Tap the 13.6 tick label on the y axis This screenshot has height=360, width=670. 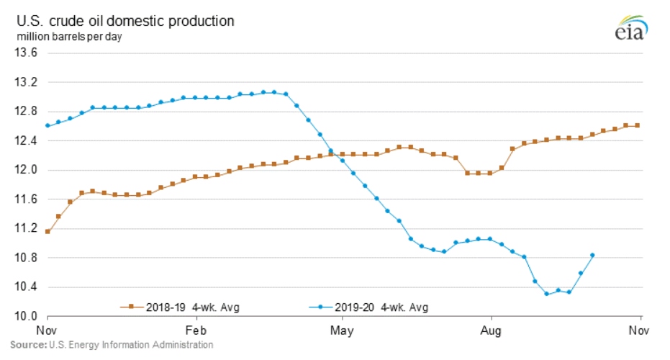coord(27,53)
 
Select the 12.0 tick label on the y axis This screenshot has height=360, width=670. coord(27,170)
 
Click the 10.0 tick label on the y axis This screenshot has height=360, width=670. coord(27,316)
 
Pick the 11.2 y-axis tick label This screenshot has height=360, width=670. coord(27,228)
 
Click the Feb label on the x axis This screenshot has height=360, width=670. coord(196,331)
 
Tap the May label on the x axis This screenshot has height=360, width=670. coord(341,331)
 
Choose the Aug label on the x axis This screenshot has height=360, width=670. coord(491,331)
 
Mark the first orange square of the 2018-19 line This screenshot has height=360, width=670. coord(47,231)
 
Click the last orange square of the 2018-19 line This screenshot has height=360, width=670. coord(638,125)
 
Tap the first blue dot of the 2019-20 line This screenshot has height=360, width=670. coord(47,125)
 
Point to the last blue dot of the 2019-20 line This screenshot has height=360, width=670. coord(592,255)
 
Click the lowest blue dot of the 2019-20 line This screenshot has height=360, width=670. coord(547,294)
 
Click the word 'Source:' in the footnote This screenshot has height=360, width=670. coord(26,345)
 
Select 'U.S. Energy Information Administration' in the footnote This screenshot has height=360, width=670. coord(129,345)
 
